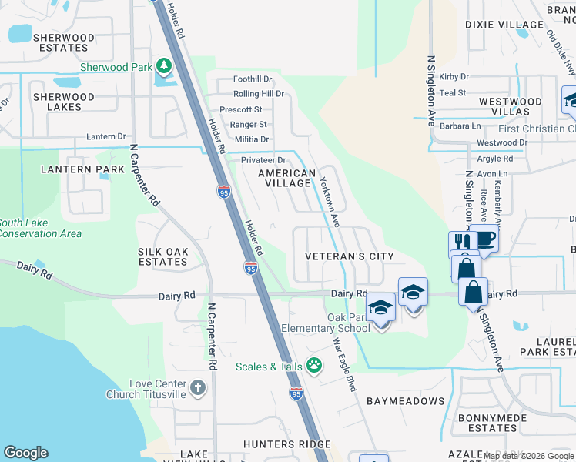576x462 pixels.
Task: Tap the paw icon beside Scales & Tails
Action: coord(314,365)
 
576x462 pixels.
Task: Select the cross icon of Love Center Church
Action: coord(198,387)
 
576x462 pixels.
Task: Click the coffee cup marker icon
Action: coord(486,238)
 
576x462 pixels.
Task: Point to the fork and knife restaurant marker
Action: coord(461,243)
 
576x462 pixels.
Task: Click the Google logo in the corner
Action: coord(25,453)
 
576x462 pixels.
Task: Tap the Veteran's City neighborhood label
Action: coord(350,256)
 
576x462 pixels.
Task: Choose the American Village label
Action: coord(286,179)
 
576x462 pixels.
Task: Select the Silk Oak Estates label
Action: coord(162,256)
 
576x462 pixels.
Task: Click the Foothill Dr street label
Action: coord(253,79)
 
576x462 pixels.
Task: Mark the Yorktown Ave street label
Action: coord(330,202)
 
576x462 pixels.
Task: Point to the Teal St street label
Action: coord(452,92)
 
